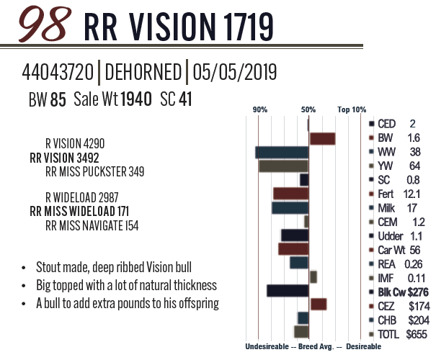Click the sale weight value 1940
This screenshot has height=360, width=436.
click(137, 99)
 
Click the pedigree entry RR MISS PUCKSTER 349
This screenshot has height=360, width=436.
click(94, 171)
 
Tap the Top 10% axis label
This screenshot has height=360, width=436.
click(352, 109)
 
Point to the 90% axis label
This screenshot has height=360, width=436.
click(260, 109)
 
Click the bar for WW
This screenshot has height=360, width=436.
click(282, 152)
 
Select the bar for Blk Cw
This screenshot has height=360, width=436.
click(288, 291)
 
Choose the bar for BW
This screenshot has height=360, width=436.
click(322, 138)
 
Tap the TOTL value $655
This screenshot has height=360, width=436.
click(416, 333)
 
